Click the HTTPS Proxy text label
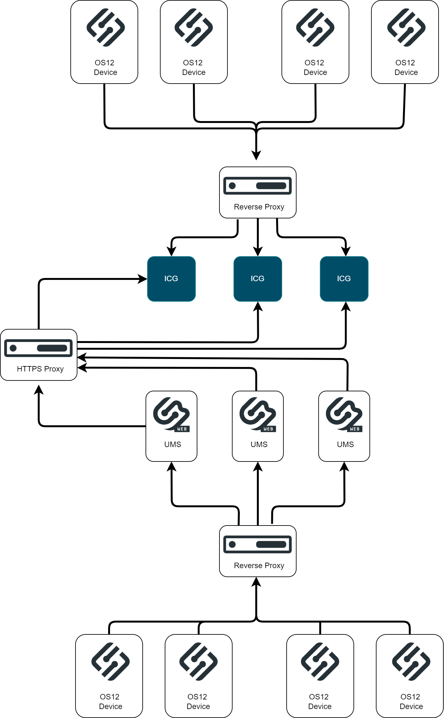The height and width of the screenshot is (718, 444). (40, 369)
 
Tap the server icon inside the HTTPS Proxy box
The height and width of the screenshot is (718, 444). (38, 348)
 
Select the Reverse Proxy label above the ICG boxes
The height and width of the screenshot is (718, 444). (259, 207)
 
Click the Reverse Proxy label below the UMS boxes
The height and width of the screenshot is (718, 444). (259, 566)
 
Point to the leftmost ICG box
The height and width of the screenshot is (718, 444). (171, 279)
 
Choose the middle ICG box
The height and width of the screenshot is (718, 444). (258, 279)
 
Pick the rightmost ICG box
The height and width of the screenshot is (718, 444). (344, 279)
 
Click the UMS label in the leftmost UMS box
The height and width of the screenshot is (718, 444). (173, 445)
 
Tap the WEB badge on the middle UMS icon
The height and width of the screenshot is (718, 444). (268, 429)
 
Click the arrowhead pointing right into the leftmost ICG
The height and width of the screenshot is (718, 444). (143, 279)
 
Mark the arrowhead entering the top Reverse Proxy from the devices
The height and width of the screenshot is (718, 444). (256, 155)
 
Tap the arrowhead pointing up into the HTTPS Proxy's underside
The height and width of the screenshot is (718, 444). (39, 389)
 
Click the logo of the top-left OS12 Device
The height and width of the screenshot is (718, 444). (106, 28)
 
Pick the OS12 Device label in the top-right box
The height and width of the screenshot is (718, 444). (406, 68)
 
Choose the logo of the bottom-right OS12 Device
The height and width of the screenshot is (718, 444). (411, 661)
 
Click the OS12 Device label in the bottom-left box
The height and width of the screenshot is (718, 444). (110, 702)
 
